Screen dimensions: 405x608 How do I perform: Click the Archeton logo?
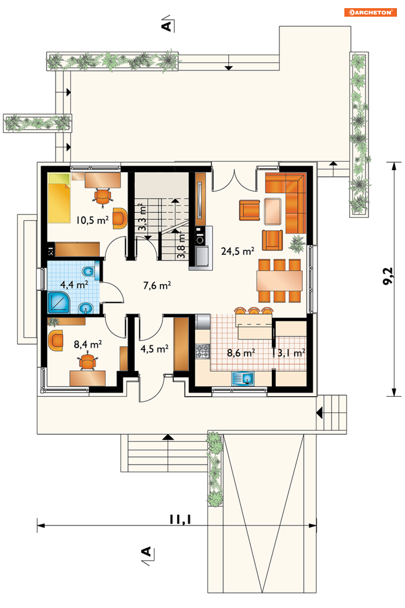tap(370, 13)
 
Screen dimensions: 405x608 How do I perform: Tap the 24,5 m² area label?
tap(238, 251)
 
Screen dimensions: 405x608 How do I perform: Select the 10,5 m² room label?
tap(92, 220)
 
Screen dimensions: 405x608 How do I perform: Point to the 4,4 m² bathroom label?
tap(74, 285)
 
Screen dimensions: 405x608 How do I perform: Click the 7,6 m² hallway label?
tap(157, 285)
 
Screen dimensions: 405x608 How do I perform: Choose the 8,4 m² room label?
tap(88, 345)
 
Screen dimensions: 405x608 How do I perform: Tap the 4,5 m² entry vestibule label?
tap(154, 349)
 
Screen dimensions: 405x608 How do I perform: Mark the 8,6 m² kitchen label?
tap(241, 353)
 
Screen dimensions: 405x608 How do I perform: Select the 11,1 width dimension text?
tap(180, 520)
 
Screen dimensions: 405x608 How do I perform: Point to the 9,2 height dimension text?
tap(388, 276)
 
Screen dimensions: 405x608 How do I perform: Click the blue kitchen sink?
tap(243, 378)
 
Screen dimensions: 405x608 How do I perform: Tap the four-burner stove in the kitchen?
tap(203, 351)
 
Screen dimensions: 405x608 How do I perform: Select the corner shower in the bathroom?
tap(59, 303)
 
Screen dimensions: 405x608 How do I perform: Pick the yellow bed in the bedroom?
tap(59, 198)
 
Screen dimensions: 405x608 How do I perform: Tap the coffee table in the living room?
tap(273, 212)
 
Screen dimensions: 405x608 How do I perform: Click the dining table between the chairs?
tap(279, 281)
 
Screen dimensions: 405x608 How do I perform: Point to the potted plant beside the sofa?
tap(297, 244)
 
